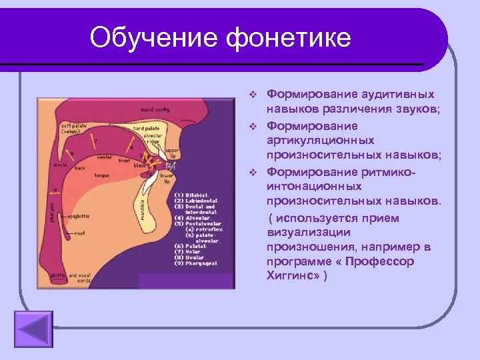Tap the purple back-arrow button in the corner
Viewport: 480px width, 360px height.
33,328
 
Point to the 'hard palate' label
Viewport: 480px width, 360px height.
145,128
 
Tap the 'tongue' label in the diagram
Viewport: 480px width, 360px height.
101,175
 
